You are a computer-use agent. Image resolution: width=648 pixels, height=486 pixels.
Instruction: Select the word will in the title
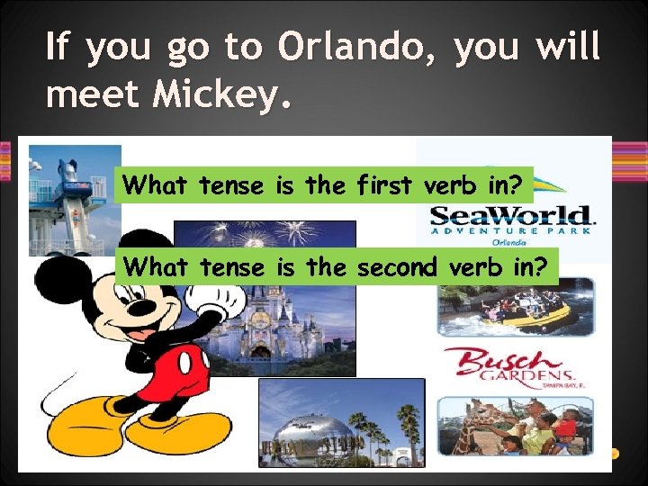566,47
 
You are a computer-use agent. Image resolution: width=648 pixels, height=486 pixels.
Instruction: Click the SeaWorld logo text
511,216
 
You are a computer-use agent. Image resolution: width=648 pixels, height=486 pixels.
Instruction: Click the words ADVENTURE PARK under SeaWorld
511,230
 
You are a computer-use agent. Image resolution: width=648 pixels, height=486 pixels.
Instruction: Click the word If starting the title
58,47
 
